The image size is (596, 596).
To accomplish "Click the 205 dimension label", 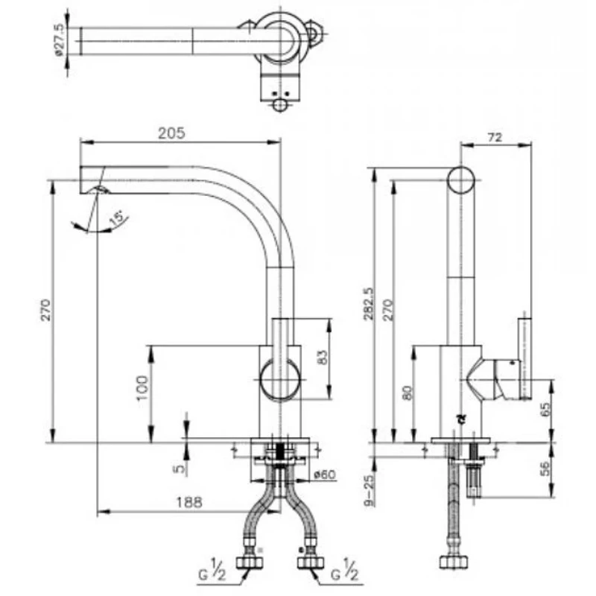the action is tap(171, 133).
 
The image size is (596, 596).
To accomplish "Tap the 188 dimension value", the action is tap(189, 502).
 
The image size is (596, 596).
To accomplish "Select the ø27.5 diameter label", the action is tap(60, 40).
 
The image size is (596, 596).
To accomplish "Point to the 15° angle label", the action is tap(116, 218).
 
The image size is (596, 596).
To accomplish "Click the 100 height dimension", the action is tap(142, 387).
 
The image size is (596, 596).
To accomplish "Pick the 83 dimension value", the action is tap(322, 358).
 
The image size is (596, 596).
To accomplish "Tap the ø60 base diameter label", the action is tap(325, 475).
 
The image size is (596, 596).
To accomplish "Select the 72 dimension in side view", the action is tap(495, 137).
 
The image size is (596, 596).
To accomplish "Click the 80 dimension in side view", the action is tap(407, 393).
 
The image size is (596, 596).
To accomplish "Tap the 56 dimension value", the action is tap(545, 469).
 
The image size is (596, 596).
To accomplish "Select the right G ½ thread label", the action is tap(345, 570).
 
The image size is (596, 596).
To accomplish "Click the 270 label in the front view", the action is tap(45, 310).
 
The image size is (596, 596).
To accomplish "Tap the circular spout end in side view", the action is tap(460, 180).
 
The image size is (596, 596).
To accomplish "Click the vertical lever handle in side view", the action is tap(525, 359).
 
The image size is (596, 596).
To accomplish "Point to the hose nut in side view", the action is tap(454, 562).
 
